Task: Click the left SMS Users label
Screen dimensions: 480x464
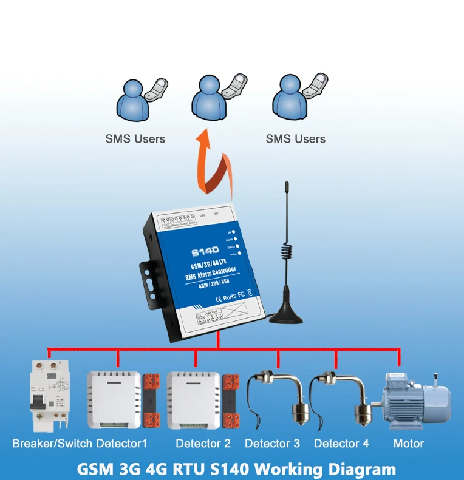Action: (135, 139)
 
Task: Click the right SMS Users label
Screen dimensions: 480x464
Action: (295, 139)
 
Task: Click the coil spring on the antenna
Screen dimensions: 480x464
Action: (286, 255)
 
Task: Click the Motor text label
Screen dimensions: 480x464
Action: (408, 444)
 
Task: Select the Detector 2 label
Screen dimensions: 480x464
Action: (203, 444)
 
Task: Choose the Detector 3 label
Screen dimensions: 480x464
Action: (272, 444)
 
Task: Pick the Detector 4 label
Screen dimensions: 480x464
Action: (341, 444)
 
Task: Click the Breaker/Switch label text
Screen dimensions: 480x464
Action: (49, 444)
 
